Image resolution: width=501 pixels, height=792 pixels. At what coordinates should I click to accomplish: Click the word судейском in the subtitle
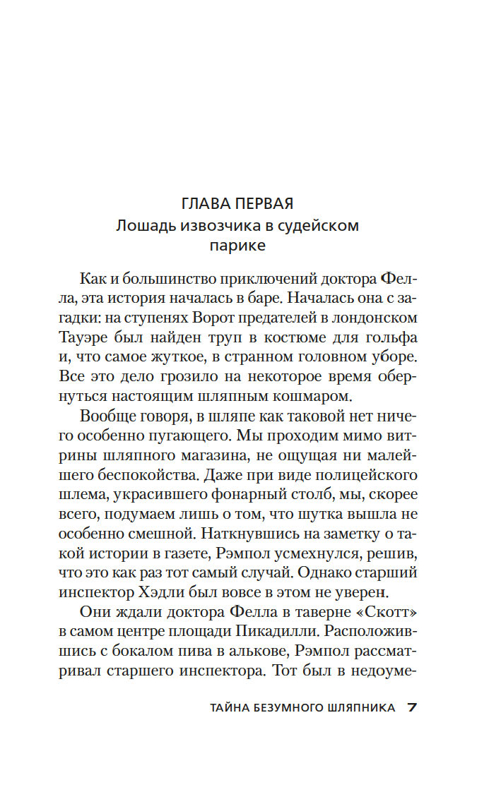tap(325, 226)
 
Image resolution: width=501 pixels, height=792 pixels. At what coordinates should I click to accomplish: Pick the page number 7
tap(414, 708)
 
